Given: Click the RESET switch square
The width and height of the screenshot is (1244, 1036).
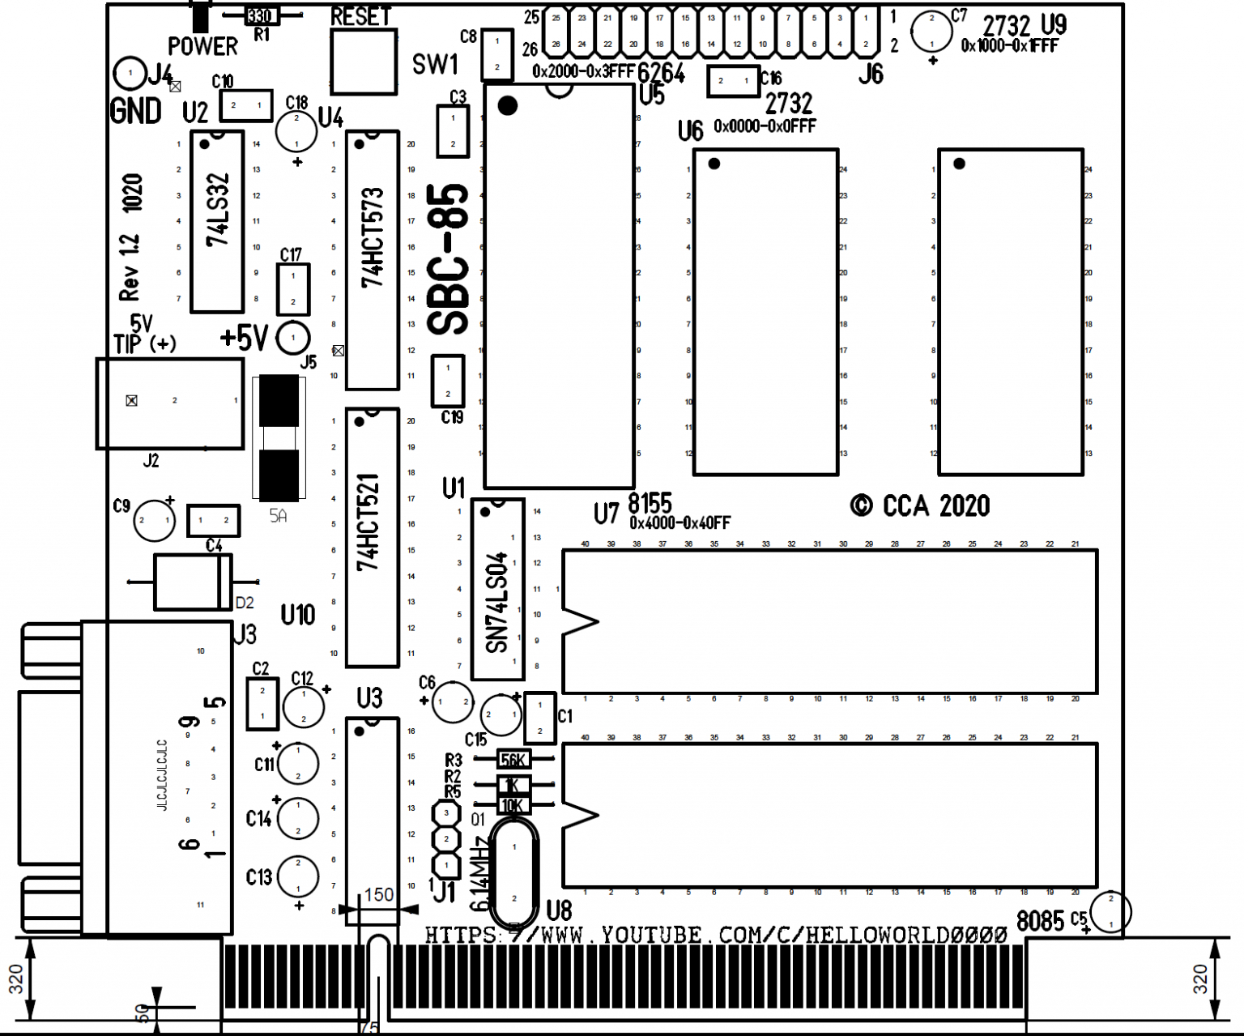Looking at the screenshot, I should coord(364,62).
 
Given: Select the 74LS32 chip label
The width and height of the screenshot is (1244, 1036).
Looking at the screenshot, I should coord(218,211).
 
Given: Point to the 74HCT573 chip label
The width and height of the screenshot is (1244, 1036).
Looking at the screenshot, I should coord(373,238).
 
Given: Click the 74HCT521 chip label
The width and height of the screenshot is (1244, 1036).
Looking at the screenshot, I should coord(369,522).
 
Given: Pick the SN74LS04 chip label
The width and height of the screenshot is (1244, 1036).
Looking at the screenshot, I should coord(496,602).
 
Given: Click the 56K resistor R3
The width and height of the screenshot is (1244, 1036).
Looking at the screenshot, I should coord(513,760).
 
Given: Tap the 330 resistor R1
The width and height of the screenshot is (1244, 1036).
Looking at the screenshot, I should coord(259,16).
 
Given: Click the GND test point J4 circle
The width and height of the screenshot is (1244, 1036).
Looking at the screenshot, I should coord(130,74).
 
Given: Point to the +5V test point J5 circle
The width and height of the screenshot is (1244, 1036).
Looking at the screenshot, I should coord(292,338).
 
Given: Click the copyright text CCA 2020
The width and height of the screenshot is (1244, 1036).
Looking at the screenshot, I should coord(920,506).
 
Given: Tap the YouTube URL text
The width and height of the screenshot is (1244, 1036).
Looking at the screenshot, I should coord(716,936).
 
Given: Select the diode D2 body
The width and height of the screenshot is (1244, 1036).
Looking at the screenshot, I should coord(192,582).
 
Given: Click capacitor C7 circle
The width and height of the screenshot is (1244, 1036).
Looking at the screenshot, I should coord(931,32).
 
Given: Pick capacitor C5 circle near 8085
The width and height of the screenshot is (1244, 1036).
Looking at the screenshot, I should coord(1110,911).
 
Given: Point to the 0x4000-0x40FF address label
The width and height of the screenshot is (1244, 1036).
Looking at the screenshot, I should coord(680,523).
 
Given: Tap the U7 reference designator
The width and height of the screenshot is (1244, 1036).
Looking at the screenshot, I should coord(606,514).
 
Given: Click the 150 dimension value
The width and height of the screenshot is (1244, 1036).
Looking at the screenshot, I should coord(378,895).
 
